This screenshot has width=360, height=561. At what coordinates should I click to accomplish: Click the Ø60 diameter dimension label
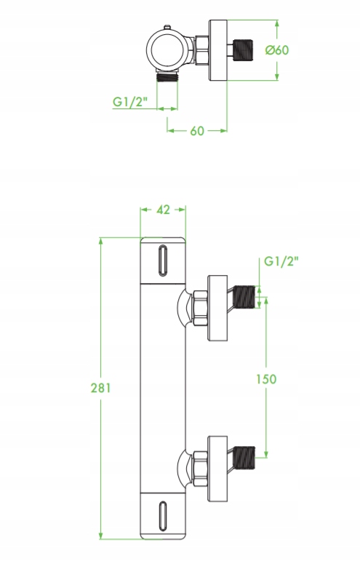pos(276,49)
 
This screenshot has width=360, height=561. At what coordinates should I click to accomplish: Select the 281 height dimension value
pos(100,388)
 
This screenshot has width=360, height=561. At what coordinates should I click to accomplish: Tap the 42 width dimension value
pos(163,210)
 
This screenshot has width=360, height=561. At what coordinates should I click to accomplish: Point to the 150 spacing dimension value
pos(266,379)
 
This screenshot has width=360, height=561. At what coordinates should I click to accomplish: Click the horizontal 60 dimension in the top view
pos(197,131)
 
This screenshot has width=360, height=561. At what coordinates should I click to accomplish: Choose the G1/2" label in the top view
pos(130,102)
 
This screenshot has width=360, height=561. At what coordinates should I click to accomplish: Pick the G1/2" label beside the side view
pos(281,261)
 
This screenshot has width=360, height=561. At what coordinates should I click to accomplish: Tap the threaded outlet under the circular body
pos(167,76)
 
